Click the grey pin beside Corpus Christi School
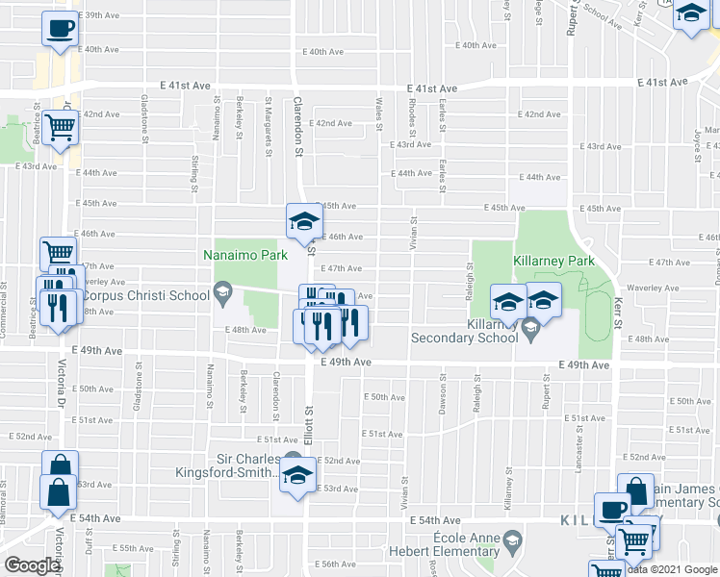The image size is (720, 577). click(x=223, y=292)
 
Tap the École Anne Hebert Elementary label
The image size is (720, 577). click(x=465, y=544)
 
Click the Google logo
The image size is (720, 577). click(x=31, y=565)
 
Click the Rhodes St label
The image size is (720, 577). click(x=412, y=114)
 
